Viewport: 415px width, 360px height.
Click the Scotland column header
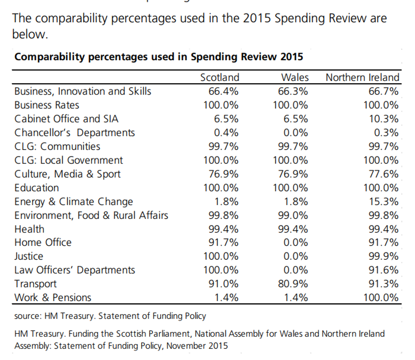click(219, 77)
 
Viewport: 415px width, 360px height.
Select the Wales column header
click(295, 77)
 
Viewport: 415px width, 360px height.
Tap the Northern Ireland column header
click(362, 77)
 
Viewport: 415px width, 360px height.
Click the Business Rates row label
click(47, 105)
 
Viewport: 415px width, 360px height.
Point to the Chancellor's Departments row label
click(75, 133)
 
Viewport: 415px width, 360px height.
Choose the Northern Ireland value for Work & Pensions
click(381, 297)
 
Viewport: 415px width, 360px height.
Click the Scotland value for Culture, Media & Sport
click(224, 174)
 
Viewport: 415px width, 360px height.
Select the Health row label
click(29, 229)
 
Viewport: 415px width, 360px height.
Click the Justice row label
click(29, 256)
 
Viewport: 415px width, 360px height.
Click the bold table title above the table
click(159, 57)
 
